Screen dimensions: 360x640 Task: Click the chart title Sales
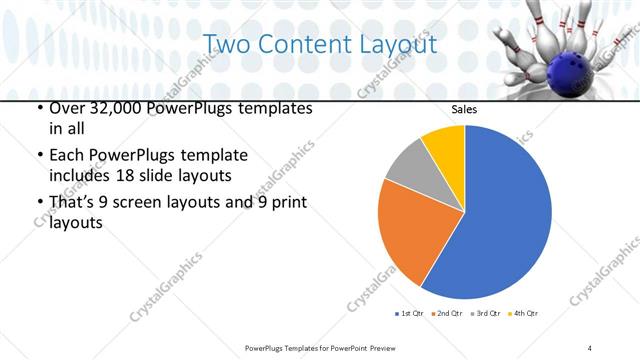[464, 109]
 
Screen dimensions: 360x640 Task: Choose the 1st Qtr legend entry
[409, 314]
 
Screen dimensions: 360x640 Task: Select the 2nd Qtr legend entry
[446, 314]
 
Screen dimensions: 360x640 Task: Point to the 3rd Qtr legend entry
[484, 314]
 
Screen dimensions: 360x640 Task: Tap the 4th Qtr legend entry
[522, 314]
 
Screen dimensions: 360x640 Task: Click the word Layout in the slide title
[396, 45]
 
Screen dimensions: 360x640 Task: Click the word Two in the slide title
[228, 45]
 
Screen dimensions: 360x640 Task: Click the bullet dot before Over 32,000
[39, 108]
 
